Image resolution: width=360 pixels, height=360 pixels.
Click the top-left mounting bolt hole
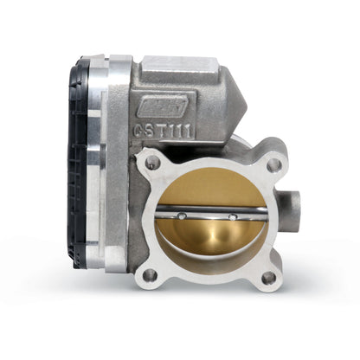(x=154, y=162)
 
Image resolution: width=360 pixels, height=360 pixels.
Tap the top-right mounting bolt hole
(x=273, y=164)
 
